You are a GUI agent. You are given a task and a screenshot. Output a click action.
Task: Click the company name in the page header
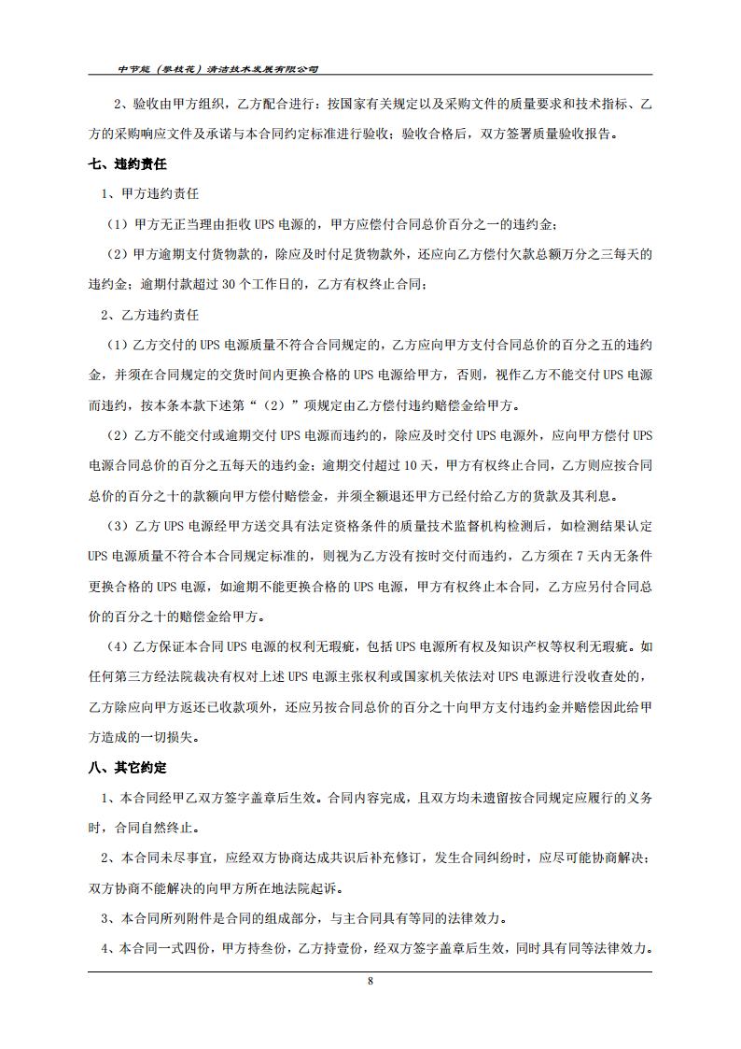click(x=219, y=69)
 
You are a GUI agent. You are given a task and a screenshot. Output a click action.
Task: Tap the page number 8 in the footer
click(x=370, y=981)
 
